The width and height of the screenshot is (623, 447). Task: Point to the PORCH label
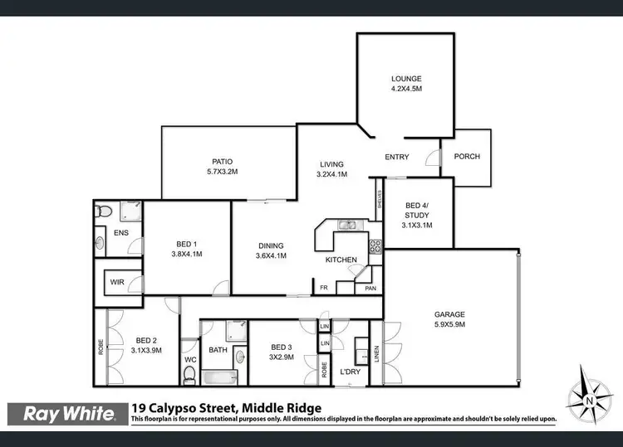pyautogui.click(x=466, y=157)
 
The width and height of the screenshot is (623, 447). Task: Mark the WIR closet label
pyautogui.click(x=117, y=282)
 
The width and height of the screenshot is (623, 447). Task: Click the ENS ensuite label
pyautogui.click(x=120, y=233)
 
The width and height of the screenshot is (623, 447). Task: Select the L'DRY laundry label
pyautogui.click(x=350, y=372)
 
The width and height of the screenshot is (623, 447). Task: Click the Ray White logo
pyautogui.click(x=68, y=413)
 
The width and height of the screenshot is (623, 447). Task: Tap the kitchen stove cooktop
pyautogui.click(x=375, y=245)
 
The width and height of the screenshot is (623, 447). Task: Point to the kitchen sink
pyautogui.click(x=347, y=225)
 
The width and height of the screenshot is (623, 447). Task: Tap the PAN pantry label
pyautogui.click(x=369, y=289)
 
